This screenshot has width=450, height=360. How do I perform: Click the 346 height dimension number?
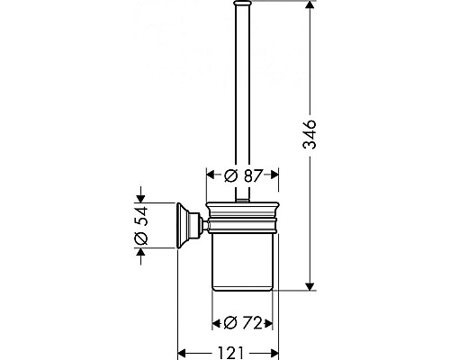coord(310,134)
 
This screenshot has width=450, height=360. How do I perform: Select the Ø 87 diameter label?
coord(243,175)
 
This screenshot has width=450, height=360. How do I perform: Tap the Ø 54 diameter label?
coord(141,226)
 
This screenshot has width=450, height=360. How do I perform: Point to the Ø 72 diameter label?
coord(243,323)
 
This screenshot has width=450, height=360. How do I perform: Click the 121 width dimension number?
coord(230,353)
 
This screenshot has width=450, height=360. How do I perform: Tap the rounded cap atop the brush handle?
coord(242,3)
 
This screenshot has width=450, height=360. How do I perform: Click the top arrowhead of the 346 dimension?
coord(310,4)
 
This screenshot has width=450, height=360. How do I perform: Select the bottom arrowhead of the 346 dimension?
coord(310,286)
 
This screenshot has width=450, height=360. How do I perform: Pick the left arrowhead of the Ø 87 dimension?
coord(211,175)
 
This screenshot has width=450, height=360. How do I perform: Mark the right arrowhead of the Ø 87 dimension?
coord(274,175)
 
